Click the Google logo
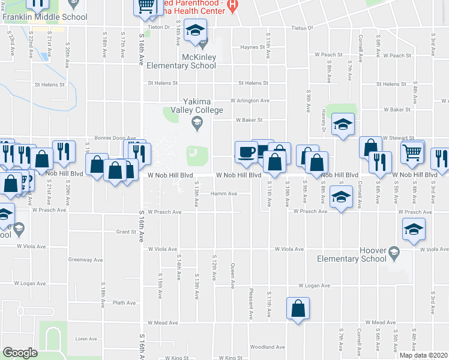(x=20, y=353)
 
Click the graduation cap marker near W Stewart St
(x=342, y=124)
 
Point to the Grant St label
(x=127, y=231)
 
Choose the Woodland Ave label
(x=267, y=347)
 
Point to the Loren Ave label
(x=86, y=338)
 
